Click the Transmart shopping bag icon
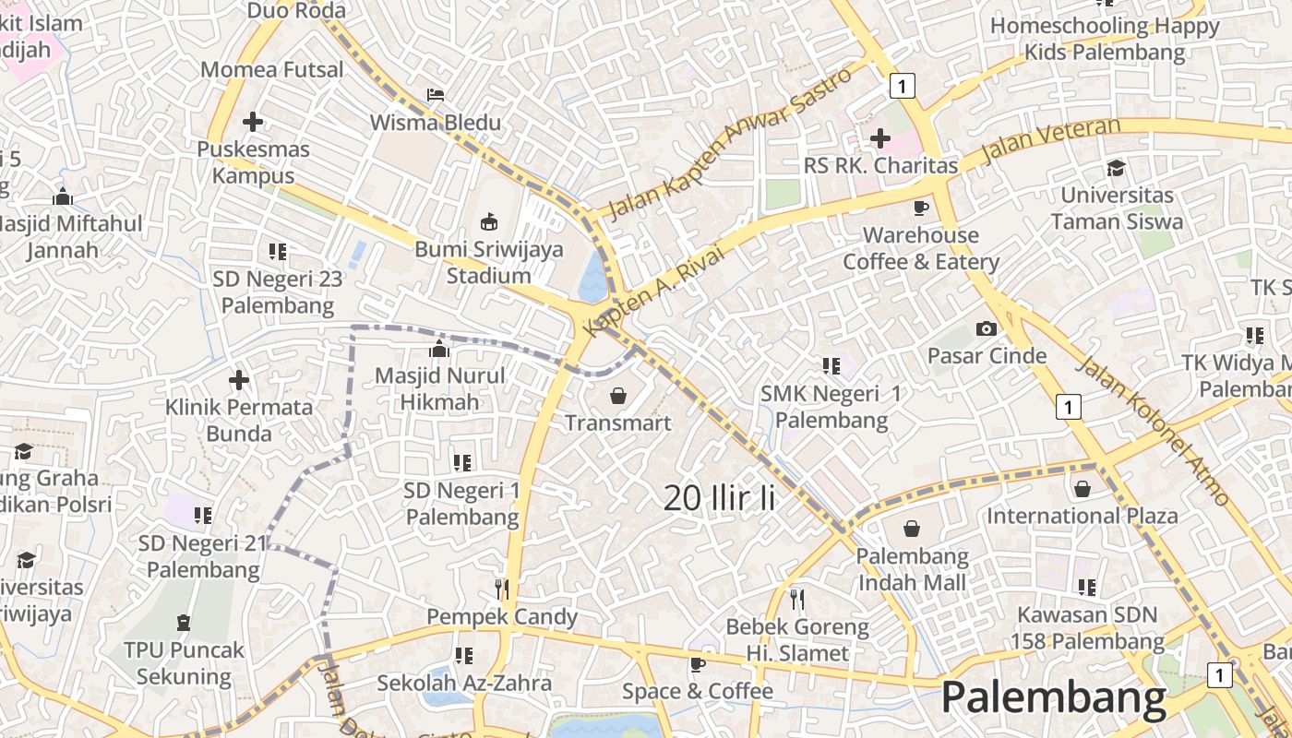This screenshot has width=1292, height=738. click(x=617, y=396)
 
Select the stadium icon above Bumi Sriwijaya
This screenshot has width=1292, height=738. click(x=489, y=221)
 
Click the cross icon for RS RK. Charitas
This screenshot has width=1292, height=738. click(x=880, y=138)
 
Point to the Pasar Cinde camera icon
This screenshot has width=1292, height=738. click(x=987, y=328)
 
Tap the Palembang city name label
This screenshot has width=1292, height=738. click(x=1053, y=698)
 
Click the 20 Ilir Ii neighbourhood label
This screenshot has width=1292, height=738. click(x=719, y=498)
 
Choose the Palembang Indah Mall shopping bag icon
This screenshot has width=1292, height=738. click(x=912, y=529)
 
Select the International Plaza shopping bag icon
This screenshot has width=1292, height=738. click(x=1083, y=488)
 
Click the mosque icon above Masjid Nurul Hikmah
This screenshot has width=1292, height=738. click(x=439, y=349)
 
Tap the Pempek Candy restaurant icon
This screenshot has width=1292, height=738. click(x=502, y=589)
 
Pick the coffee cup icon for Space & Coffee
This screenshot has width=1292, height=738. click(x=698, y=664)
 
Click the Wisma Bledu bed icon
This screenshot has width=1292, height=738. click(x=436, y=95)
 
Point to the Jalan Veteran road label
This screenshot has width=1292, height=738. click(x=1050, y=141)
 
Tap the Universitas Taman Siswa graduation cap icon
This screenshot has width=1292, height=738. click(x=1117, y=168)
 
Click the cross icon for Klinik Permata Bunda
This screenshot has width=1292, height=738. click(x=239, y=379)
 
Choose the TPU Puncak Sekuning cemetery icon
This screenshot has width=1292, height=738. click(x=184, y=623)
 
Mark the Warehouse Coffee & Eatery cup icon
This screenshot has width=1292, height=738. click(x=920, y=208)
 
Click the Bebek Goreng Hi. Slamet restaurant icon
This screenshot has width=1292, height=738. click(x=797, y=600)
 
